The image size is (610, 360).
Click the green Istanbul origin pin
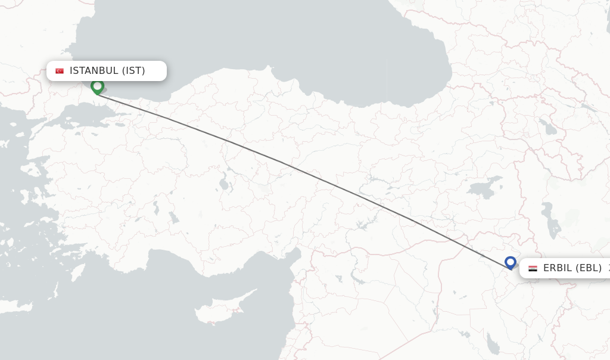point(97,86)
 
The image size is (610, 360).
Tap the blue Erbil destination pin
point(510,262)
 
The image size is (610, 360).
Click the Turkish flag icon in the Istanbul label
point(60,71)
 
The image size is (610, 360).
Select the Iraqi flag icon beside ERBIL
point(533,268)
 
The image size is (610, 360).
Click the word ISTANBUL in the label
point(94,71)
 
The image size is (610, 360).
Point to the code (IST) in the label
point(133,71)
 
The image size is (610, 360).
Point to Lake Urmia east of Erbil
point(551,221)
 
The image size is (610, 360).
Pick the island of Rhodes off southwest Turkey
point(78,272)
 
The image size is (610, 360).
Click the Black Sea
point(238,42)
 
